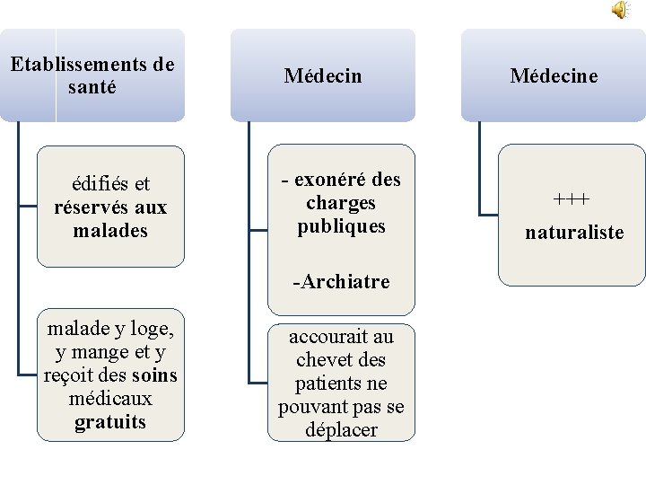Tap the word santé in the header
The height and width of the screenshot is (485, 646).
pos(92,88)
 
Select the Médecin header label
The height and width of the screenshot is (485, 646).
pos(323,76)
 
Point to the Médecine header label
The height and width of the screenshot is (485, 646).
pos(554,76)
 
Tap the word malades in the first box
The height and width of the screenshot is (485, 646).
pos(110,231)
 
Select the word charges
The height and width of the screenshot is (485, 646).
pos(341,203)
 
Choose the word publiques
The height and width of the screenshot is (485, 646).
pos(341,226)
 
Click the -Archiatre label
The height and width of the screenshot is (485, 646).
pos(341,282)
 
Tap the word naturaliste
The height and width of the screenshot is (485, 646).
pos(574,233)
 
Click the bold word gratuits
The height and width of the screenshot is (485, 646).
pos(110,422)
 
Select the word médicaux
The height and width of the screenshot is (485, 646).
pos(110,399)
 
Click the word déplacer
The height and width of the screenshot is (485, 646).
pos(341,430)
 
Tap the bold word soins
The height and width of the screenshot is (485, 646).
pos(153,375)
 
